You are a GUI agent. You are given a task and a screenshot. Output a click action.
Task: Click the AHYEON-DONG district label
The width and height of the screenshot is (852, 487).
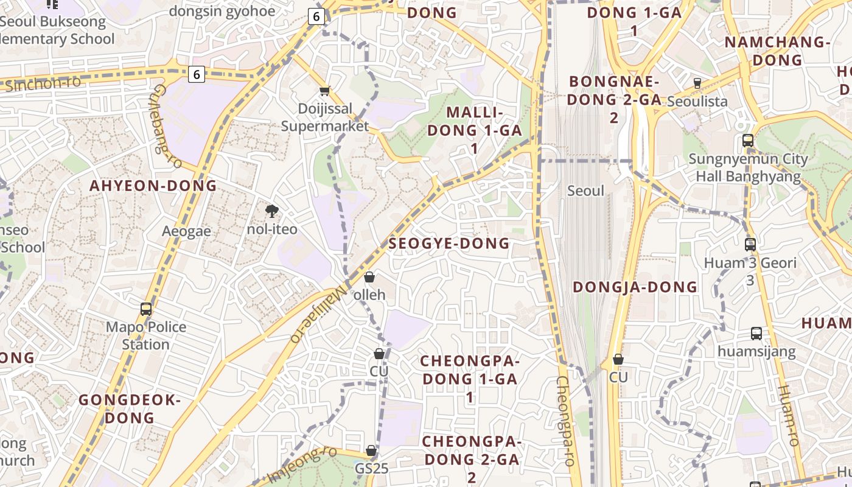click(x=153, y=186)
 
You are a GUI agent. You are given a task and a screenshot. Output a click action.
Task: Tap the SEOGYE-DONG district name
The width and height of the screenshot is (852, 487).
click(x=449, y=243)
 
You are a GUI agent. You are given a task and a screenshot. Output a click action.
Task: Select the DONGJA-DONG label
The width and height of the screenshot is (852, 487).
click(x=635, y=287)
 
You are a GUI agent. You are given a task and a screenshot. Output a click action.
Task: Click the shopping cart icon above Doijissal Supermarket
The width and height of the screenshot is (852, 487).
click(x=325, y=91)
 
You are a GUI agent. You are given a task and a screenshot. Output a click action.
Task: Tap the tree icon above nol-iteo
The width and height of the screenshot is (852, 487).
click(x=272, y=211)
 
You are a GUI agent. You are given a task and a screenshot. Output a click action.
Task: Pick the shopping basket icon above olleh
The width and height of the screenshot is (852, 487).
click(x=369, y=278)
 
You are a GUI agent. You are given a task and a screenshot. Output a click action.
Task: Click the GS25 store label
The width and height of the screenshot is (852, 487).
click(x=371, y=469)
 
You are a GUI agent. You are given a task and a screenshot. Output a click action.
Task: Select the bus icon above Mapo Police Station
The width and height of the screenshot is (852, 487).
click(x=146, y=309)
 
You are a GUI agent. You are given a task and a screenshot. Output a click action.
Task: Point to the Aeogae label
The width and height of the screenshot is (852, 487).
click(x=186, y=231)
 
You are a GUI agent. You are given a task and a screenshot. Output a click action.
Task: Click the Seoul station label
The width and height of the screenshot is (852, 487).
click(x=585, y=191)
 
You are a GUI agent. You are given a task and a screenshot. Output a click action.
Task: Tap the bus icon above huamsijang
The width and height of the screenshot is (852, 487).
click(x=756, y=334)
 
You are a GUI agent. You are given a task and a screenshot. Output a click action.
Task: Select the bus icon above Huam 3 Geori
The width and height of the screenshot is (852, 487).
click(x=750, y=245)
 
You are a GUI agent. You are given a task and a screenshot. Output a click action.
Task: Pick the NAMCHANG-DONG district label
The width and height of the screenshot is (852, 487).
click(x=777, y=51)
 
